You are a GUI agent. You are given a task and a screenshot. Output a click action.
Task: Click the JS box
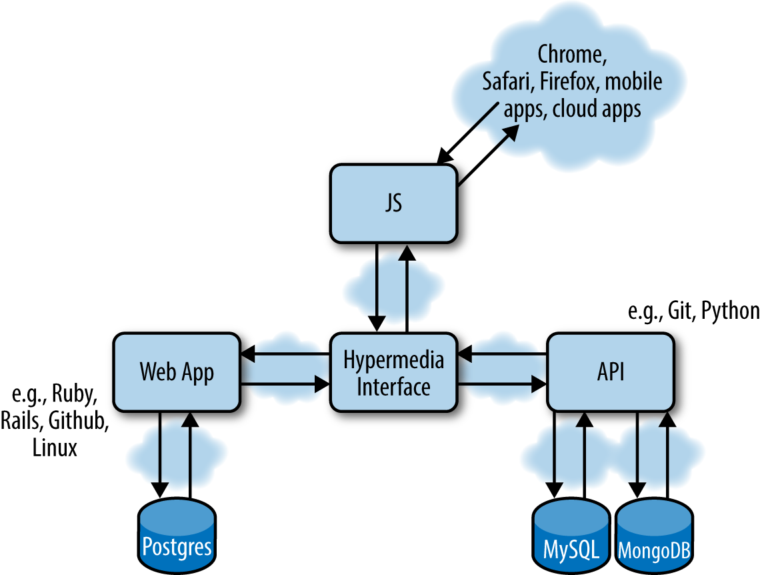394,203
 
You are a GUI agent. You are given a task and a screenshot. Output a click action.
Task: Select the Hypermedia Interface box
394,372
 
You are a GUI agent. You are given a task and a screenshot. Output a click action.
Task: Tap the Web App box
177,372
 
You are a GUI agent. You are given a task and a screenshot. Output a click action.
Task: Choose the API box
610,372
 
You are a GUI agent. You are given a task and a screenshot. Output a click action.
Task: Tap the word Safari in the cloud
507,81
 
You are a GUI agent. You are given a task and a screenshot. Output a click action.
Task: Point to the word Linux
55,447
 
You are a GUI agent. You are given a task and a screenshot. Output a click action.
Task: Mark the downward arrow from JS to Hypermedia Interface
378,287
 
